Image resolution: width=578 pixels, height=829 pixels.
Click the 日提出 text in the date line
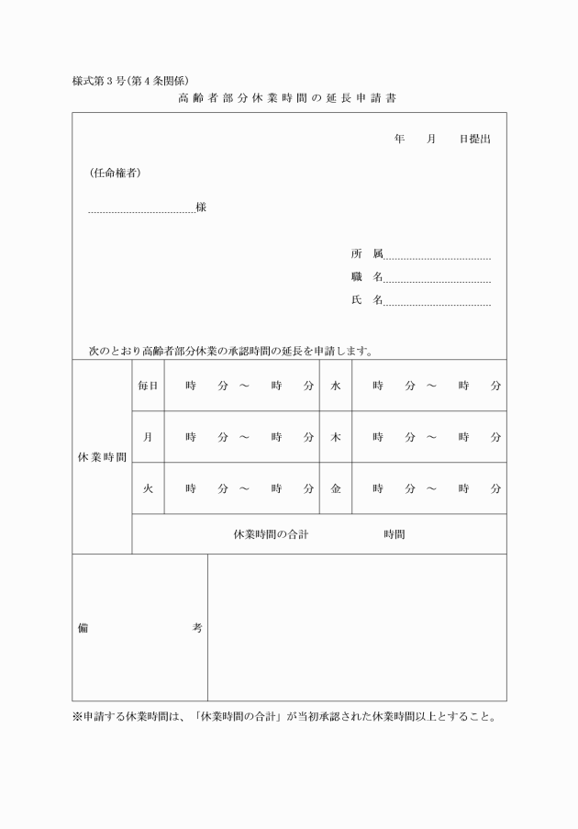click(x=475, y=139)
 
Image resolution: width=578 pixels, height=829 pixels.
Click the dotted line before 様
click(x=141, y=210)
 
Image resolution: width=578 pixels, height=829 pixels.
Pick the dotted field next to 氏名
click(x=438, y=302)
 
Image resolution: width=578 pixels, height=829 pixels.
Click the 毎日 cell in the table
click(x=148, y=386)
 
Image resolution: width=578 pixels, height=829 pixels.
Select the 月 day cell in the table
click(x=148, y=437)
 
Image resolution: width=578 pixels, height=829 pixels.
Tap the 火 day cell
click(x=148, y=488)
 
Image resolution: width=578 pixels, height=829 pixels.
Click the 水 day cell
click(x=335, y=386)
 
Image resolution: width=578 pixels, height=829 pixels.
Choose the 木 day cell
click(x=335, y=437)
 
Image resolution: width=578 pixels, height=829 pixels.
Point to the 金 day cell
click(x=335, y=488)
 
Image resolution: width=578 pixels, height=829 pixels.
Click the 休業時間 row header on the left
click(x=102, y=456)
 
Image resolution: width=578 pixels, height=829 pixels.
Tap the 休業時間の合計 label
click(x=271, y=533)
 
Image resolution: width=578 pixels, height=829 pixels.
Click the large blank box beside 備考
click(x=357, y=627)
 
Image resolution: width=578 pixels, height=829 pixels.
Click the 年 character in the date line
click(x=399, y=139)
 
